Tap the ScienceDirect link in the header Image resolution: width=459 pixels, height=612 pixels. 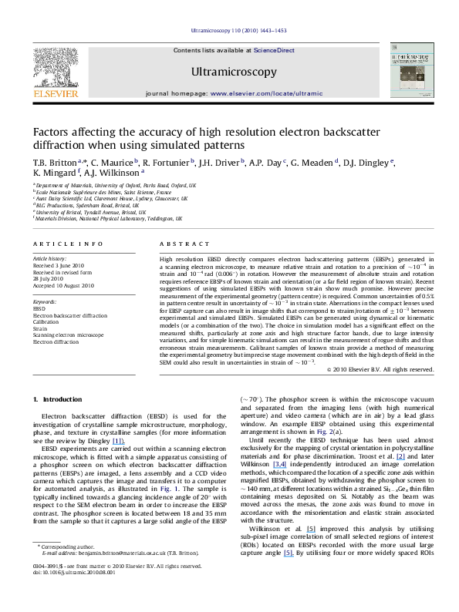point(275,50)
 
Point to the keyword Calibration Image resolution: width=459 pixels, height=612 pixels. point(46,321)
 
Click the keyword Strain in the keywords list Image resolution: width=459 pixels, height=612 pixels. point(40,328)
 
